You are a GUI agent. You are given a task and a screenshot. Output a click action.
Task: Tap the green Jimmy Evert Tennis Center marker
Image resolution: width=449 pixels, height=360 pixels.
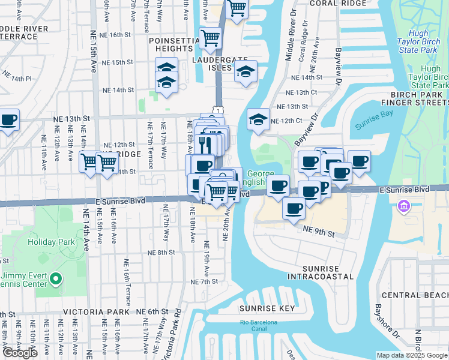(55, 278)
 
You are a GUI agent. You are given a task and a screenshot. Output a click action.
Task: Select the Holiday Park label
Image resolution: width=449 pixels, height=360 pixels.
(51, 242)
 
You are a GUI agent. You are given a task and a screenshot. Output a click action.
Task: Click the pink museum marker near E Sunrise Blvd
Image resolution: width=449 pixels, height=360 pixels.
(403, 207)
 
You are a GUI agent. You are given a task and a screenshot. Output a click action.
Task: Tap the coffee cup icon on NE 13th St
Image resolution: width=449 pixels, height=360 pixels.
(8, 120)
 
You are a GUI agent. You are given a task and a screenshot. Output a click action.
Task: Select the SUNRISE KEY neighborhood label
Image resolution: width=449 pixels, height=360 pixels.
(267, 308)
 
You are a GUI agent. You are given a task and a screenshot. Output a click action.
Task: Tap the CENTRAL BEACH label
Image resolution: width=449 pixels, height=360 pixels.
(414, 295)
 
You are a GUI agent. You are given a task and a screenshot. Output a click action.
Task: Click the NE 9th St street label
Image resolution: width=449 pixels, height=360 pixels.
(318, 230)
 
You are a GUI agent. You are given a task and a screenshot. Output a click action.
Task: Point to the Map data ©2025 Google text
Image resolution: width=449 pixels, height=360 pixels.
(412, 355)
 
